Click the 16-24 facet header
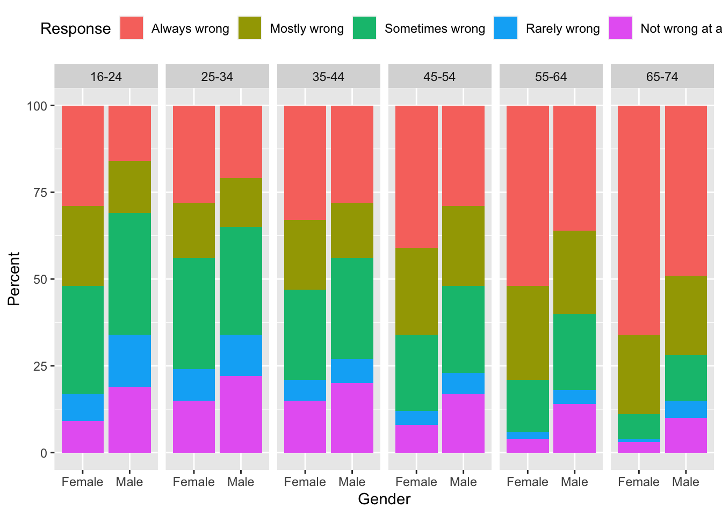pos(106,77)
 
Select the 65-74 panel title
pos(662,77)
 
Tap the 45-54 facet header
pos(439,77)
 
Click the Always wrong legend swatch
pos(132,28)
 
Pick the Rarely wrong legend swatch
pos(506,28)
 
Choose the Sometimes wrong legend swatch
pos(365,28)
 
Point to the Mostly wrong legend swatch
pos(250,28)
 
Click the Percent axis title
pos(13,279)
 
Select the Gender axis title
pos(384,499)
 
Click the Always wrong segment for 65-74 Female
pos(639,220)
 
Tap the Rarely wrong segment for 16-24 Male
pos(129,360)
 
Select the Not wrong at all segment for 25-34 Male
pos(241,414)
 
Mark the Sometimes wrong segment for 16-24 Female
pos(83,340)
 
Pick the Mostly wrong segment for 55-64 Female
pos(528,333)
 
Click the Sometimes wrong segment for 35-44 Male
pos(352,308)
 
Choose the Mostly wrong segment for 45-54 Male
pos(463,246)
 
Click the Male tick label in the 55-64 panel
pos(574,482)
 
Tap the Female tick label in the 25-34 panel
pos(194,482)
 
